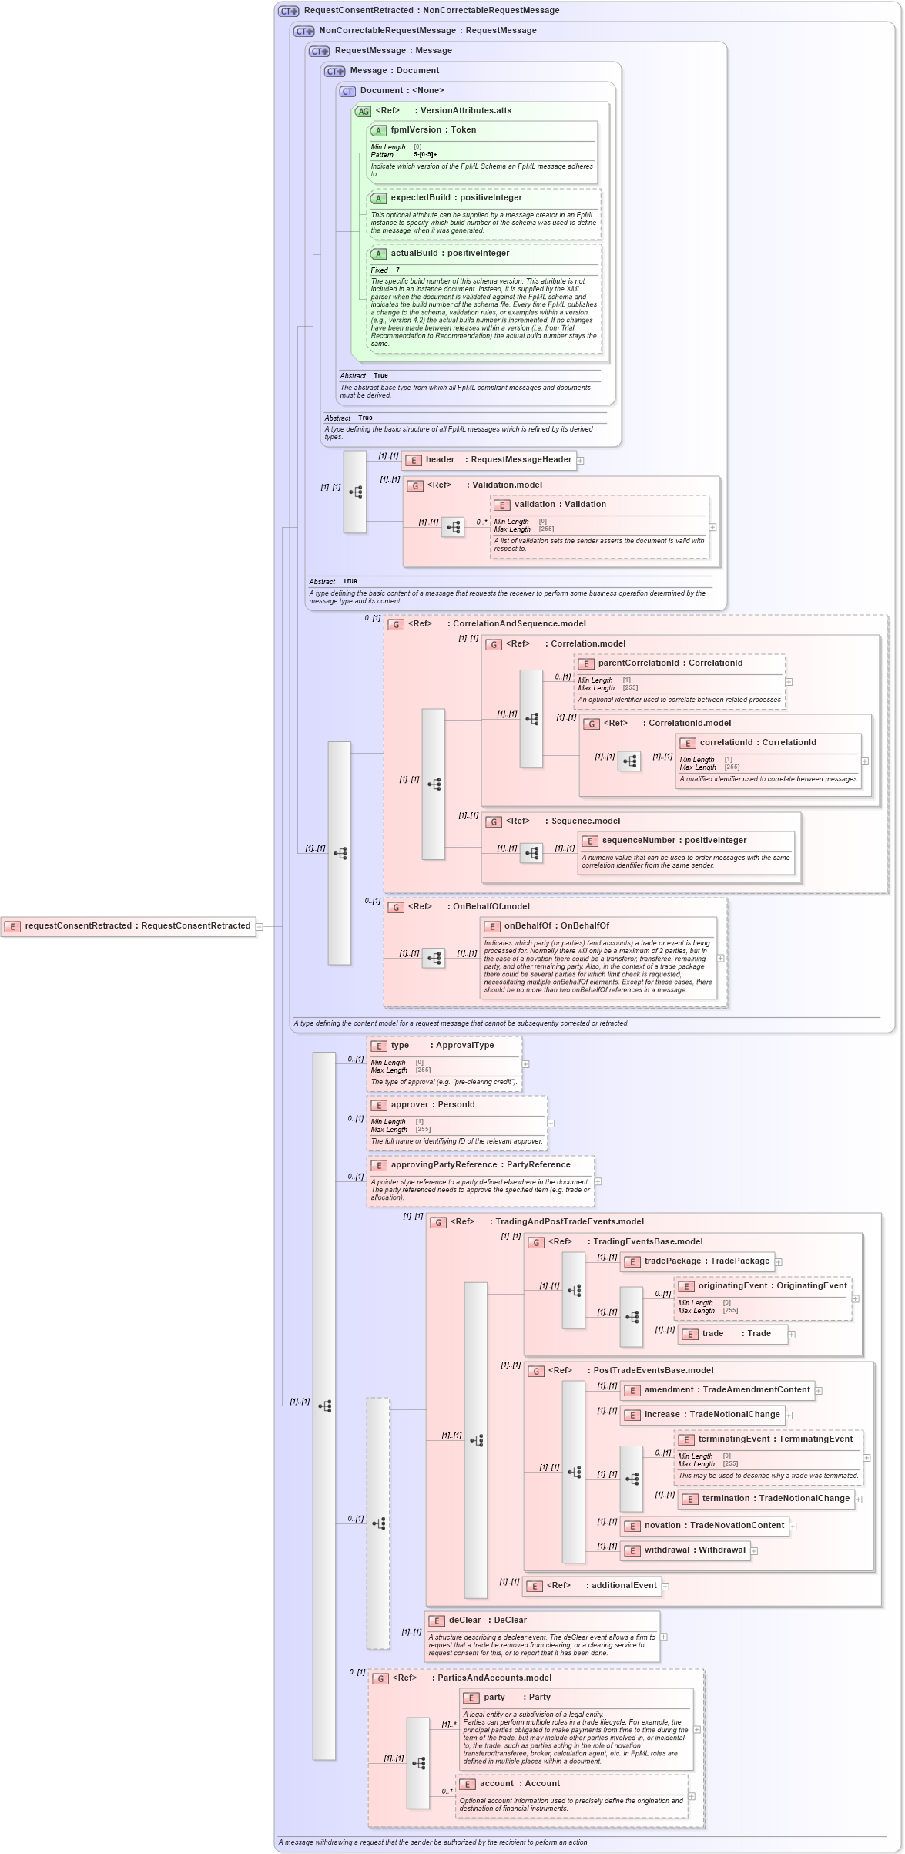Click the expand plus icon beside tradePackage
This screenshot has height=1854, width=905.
779,1262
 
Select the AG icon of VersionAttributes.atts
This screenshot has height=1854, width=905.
363,112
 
